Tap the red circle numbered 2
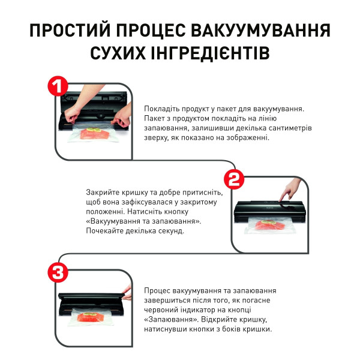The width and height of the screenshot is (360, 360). pos(235,178)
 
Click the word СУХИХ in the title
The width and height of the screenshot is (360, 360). pos(121,53)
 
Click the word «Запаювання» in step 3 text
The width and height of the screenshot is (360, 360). pos(167,319)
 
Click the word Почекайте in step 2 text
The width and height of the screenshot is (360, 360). pos(107,230)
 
